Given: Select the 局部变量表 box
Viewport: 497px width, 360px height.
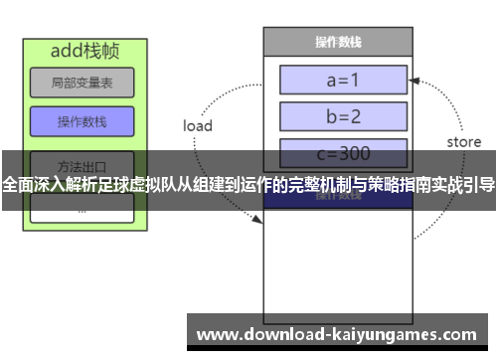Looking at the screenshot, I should coord(82,83).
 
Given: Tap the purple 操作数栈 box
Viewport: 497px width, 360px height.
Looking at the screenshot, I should coord(82,121).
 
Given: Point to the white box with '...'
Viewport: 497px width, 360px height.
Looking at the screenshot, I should coord(82,209).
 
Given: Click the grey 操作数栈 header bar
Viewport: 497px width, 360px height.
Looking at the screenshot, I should coord(337,43).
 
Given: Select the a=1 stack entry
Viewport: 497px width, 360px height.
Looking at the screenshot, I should coord(344,80).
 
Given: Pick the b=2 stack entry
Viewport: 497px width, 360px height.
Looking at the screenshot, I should coord(344,116).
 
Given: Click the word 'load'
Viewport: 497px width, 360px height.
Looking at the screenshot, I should coord(198,126).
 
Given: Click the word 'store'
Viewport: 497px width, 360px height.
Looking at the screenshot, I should coord(463,142).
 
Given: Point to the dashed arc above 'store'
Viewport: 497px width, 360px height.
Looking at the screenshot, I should coord(442,99).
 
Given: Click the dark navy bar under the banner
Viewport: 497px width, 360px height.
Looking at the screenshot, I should coord(337,200).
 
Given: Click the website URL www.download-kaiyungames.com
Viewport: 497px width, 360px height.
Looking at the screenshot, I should coord(337,332).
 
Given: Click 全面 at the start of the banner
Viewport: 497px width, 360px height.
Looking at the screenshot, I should coord(16,184).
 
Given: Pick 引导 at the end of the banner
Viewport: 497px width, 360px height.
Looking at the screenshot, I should coord(481,184).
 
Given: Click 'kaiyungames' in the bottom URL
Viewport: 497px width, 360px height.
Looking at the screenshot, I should coord(376,332).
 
